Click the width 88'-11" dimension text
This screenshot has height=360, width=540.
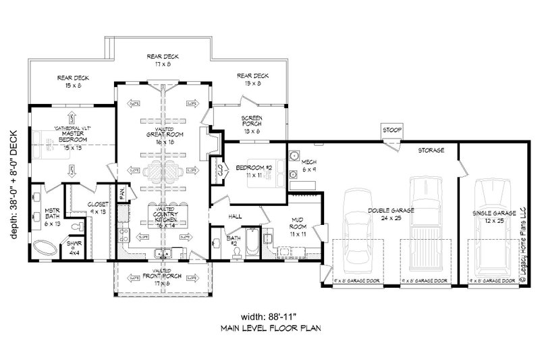point(269,317)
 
